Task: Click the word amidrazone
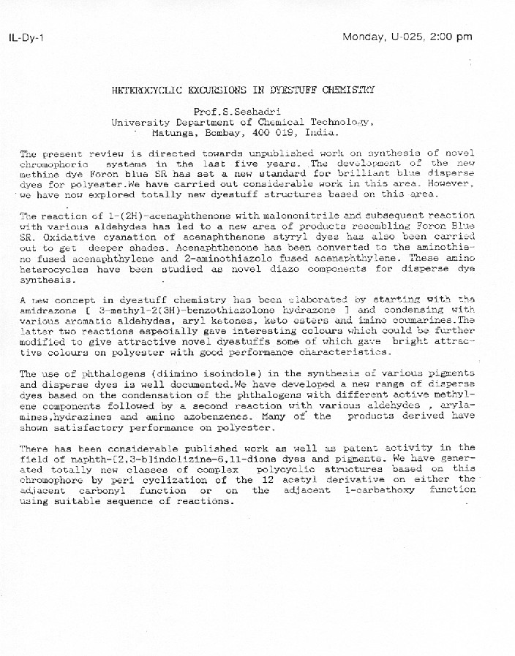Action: point(48,310)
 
